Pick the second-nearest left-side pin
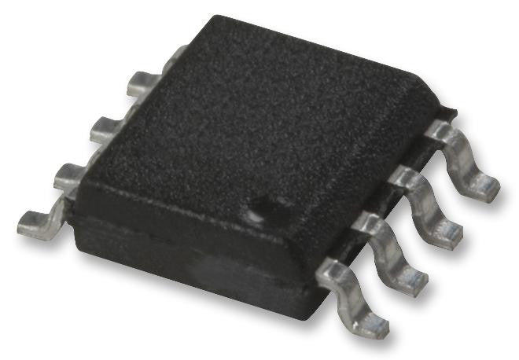[x=71, y=178]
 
